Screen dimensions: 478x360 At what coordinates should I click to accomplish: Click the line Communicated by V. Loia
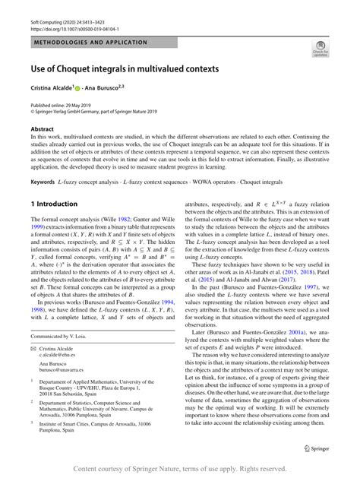(x=60, y=356)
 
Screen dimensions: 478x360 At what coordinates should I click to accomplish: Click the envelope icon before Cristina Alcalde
(x=33, y=369)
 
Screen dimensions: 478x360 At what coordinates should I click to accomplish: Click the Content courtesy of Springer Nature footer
(x=180, y=468)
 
